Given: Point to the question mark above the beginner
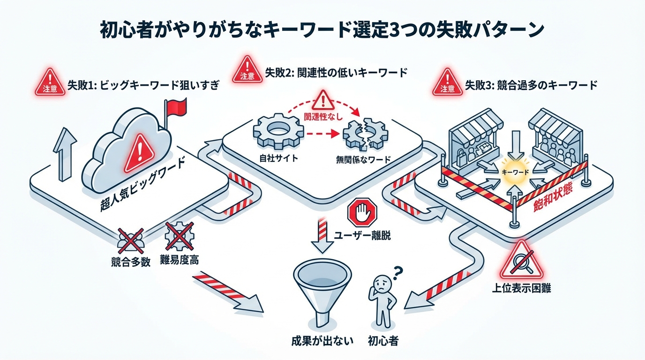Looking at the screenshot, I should click(x=399, y=271).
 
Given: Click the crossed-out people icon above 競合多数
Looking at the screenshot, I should click(x=129, y=239).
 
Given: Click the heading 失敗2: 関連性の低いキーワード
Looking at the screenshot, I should click(x=336, y=73).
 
